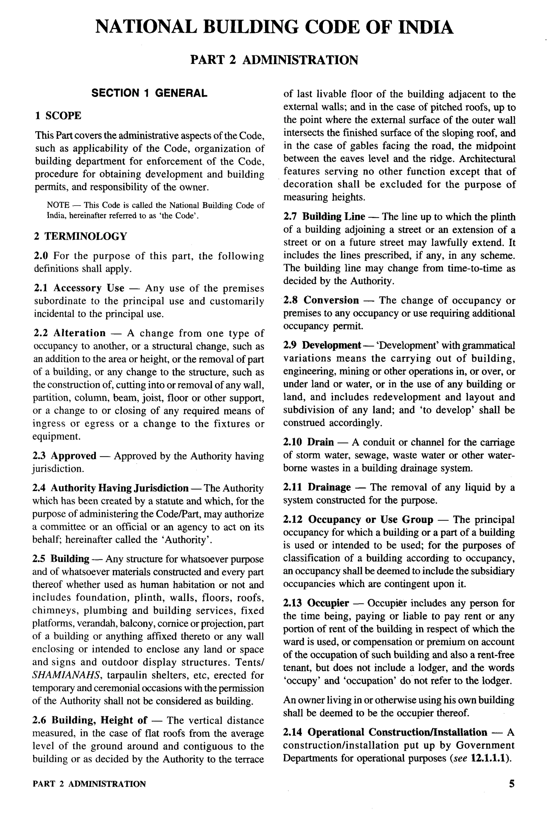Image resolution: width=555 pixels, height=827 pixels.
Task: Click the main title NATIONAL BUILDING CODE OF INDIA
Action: pyautogui.click(x=274, y=27)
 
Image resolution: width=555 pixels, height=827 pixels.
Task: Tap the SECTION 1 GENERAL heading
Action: pyautogui.click(x=149, y=93)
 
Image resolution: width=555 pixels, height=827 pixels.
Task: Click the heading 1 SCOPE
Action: pyautogui.click(x=58, y=116)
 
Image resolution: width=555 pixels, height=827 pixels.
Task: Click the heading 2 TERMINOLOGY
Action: pyautogui.click(x=80, y=236)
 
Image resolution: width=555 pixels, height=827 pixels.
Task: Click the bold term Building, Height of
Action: pyautogui.click(x=99, y=720)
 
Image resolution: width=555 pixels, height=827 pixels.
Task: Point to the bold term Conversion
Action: pyautogui.click(x=331, y=300)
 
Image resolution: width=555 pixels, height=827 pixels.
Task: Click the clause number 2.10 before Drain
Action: pyautogui.click(x=292, y=442)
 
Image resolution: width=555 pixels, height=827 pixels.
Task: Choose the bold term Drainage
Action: pyautogui.click(x=329, y=487)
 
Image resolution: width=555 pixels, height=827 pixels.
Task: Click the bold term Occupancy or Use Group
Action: pyautogui.click(x=370, y=520)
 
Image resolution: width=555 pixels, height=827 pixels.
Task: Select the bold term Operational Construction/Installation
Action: pyautogui.click(x=397, y=732)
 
